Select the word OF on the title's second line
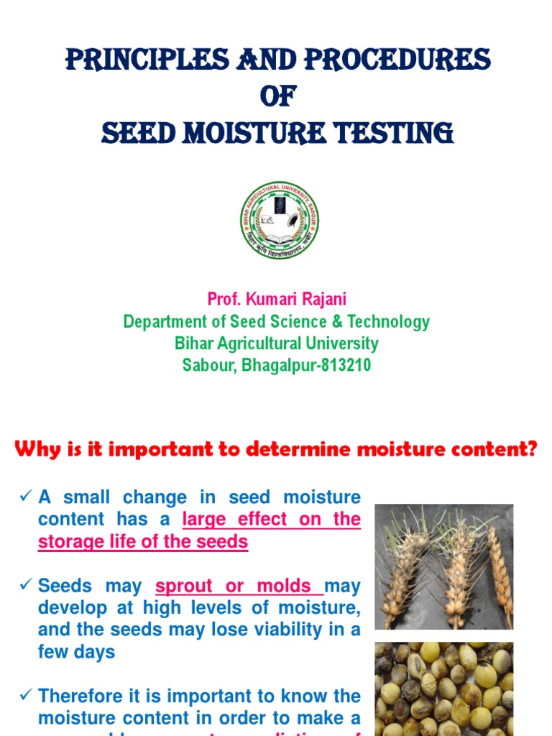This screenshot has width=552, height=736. [x=276, y=96]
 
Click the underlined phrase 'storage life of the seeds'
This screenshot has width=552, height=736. [x=142, y=541]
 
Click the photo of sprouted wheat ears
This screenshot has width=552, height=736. [x=443, y=566]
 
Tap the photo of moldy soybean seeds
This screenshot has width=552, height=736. [x=443, y=689]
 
